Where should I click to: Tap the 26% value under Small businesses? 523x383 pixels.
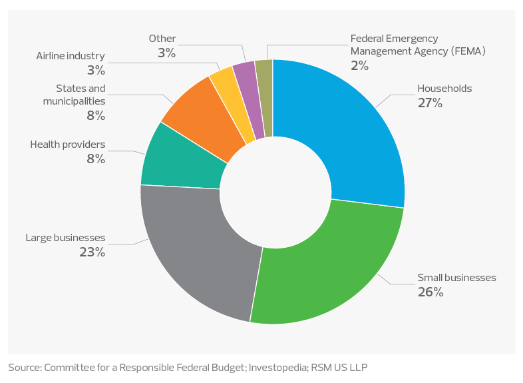(430, 292)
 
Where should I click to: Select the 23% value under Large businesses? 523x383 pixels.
(92, 252)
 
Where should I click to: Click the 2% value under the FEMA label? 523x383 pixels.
(360, 65)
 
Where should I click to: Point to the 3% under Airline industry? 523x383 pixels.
(94, 69)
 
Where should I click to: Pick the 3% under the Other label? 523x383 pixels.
(166, 53)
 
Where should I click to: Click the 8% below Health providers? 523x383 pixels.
(96, 159)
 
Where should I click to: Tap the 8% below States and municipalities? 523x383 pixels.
(96, 116)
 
